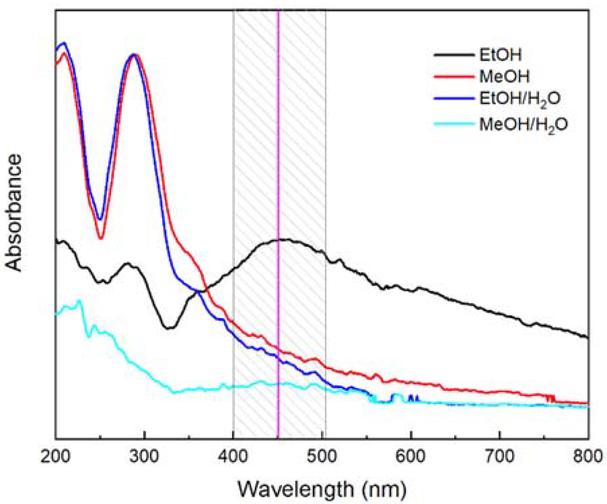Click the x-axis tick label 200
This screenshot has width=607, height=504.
click(56, 458)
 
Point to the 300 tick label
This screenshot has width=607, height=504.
click(144, 458)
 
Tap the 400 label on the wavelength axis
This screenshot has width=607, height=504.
click(233, 458)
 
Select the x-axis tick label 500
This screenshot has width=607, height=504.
click(322, 458)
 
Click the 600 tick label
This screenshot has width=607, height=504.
click(411, 458)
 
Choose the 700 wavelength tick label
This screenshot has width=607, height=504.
click(500, 458)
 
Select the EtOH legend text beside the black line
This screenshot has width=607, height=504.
click(500, 55)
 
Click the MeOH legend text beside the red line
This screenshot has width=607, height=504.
click(504, 77)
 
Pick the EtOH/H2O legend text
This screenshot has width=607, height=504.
click(520, 100)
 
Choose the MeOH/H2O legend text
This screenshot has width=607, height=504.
click(523, 125)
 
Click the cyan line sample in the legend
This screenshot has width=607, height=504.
click(453, 123)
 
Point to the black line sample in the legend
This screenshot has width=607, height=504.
click(453, 54)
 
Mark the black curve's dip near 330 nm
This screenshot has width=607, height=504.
click(168, 327)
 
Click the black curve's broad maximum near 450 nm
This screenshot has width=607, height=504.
click(284, 239)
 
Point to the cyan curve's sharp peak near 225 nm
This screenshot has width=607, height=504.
click(79, 300)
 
